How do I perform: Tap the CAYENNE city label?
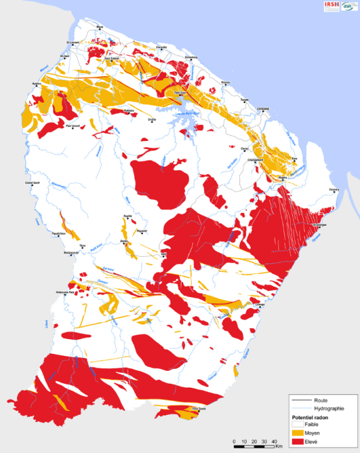pyautogui.click(x=262, y=108)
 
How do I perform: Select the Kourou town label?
pyautogui.click(x=226, y=83)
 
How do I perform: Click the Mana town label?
pyautogui.click(x=100, y=27)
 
